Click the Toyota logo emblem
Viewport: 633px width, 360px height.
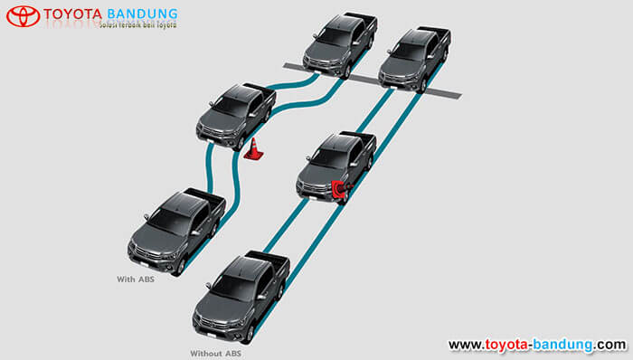pos(23,16)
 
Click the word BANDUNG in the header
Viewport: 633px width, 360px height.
pos(142,14)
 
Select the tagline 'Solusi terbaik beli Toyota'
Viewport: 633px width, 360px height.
pos(136,26)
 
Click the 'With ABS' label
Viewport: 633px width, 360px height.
pos(136,279)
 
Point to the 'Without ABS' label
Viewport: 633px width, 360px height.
pos(215,352)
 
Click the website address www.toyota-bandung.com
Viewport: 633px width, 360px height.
pos(536,345)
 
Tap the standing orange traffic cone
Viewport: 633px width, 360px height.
pos(254,150)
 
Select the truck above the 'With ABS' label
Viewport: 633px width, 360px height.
pos(177,230)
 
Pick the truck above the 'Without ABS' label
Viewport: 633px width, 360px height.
pos(241,295)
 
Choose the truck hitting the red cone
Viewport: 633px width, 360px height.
pos(336,165)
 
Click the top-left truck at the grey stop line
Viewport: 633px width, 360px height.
pos(338,43)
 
